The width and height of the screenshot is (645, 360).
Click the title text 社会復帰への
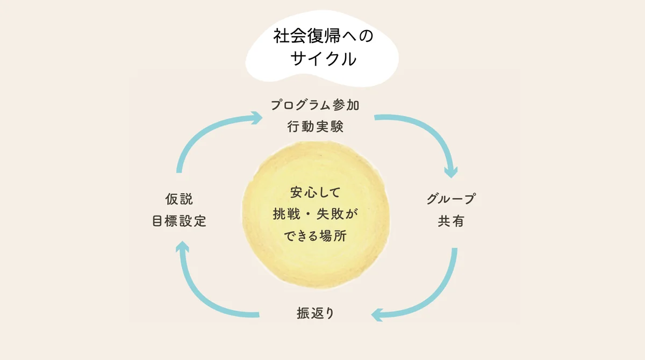pos(322,37)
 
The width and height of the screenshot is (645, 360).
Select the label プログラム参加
pos(314,105)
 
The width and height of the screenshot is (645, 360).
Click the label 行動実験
pos(314,127)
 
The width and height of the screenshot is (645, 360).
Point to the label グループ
pos(450,199)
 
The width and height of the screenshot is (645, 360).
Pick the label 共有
pos(450,221)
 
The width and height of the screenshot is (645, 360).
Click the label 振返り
pos(316,313)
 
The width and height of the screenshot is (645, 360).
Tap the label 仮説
pos(179,199)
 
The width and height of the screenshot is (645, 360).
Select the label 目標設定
pos(179,221)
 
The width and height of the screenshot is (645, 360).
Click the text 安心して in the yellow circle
pos(315,192)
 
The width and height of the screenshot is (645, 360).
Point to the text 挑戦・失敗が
pos(315,214)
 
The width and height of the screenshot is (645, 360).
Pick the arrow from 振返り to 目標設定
pos(202,293)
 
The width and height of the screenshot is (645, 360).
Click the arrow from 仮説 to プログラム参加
pos(199,132)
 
